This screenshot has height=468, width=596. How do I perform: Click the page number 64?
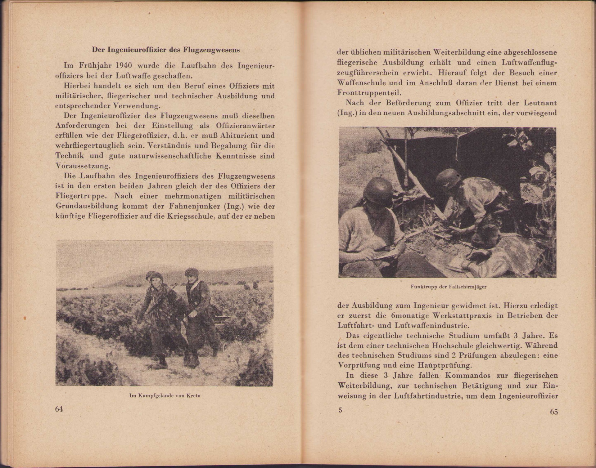click(x=59, y=409)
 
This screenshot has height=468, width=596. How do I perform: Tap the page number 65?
click(x=553, y=412)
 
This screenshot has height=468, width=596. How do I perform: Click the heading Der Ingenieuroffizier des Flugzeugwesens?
click(x=166, y=50)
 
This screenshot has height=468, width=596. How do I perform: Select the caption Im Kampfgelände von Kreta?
click(x=165, y=395)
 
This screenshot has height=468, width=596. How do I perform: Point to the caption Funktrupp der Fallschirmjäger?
click(x=448, y=287)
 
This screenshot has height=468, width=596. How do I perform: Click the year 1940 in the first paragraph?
click(x=120, y=65)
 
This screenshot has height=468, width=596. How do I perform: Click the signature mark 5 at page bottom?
click(x=340, y=410)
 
